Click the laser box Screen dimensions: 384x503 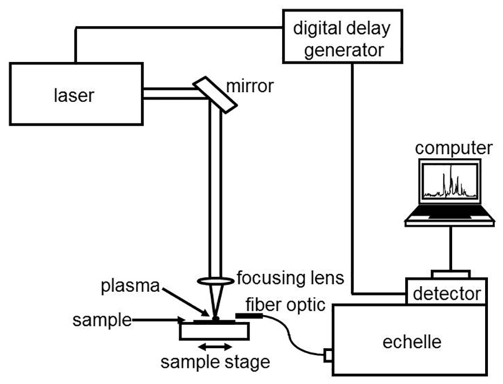click(76, 93)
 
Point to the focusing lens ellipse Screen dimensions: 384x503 click(216, 280)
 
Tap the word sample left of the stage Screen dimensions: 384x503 click(102, 320)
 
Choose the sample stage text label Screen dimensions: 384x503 click(216, 362)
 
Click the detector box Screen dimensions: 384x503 click(446, 292)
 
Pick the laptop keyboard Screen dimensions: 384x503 click(450, 213)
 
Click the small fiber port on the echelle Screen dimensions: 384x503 click(328, 354)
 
